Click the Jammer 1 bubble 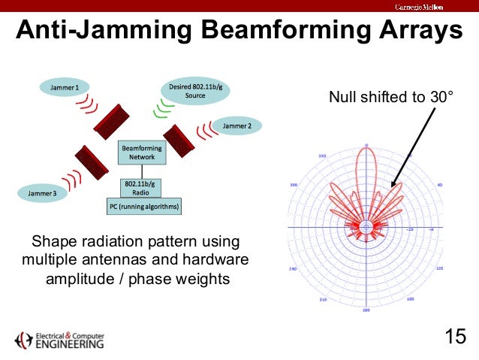click(65, 88)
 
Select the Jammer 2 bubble click(237, 126)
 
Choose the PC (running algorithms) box click(143, 206)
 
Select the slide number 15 click(455, 335)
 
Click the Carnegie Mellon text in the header click(419, 7)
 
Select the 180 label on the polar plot click(366, 310)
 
